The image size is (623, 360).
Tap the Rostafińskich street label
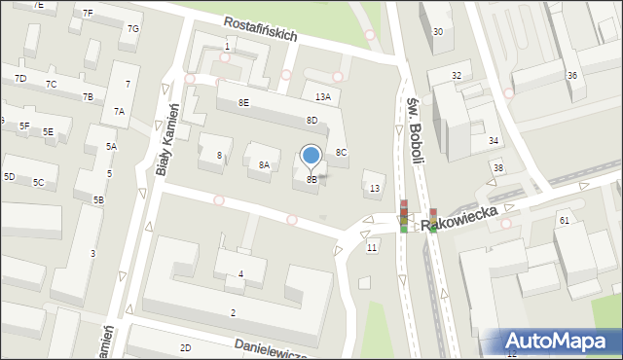pyautogui.click(x=260, y=28)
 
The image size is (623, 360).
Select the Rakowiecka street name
pyautogui.click(x=468, y=215)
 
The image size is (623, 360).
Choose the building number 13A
pyautogui.click(x=322, y=96)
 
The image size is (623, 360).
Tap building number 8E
pyautogui.click(x=243, y=102)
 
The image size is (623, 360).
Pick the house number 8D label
pyautogui.click(x=311, y=120)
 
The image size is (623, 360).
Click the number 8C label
pyautogui.click(x=341, y=152)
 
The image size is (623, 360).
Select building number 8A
pyautogui.click(x=264, y=165)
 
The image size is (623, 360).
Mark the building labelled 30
pyautogui.click(x=438, y=31)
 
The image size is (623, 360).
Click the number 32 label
pyautogui.click(x=457, y=75)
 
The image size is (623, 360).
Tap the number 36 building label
pyautogui.click(x=572, y=75)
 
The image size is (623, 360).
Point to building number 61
pyautogui.click(x=564, y=221)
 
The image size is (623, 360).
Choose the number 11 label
pyautogui.click(x=371, y=248)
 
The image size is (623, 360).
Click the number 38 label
pyautogui.click(x=497, y=167)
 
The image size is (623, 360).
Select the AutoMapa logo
pyautogui.click(x=560, y=340)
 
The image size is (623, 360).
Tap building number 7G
pyautogui.click(x=132, y=29)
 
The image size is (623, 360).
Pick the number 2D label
pyautogui.click(x=185, y=347)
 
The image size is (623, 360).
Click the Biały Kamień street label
pyautogui.click(x=168, y=139)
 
